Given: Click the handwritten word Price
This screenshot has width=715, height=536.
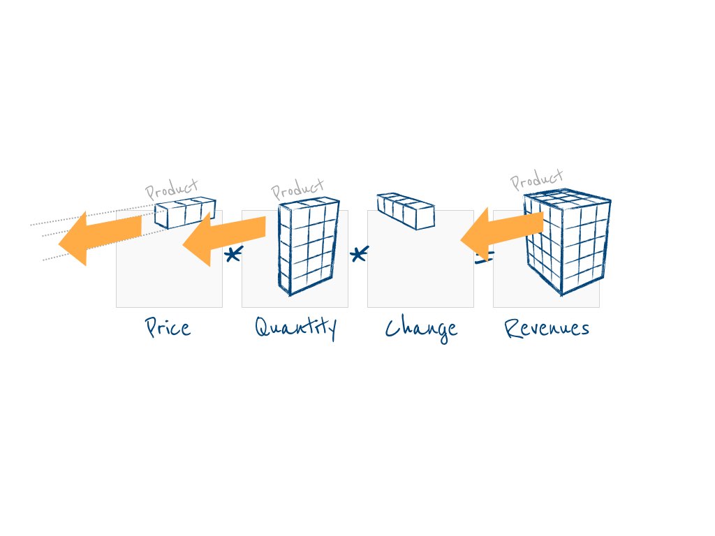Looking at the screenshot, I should pyautogui.click(x=168, y=327).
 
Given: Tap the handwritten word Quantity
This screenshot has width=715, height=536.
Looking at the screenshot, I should pyautogui.click(x=295, y=327).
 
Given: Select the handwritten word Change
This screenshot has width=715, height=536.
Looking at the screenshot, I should pyautogui.click(x=421, y=328).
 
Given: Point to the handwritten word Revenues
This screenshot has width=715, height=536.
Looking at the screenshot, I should pyautogui.click(x=547, y=328).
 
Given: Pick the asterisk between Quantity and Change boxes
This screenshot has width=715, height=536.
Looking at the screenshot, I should pyautogui.click(x=358, y=255).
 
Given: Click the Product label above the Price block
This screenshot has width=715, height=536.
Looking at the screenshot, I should pyautogui.click(x=172, y=188).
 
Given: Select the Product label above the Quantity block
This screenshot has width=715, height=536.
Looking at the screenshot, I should pyautogui.click(x=297, y=188).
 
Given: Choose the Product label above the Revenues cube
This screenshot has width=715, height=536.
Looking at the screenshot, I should pyautogui.click(x=536, y=179).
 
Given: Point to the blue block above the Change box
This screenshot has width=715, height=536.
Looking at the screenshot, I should pyautogui.click(x=406, y=211).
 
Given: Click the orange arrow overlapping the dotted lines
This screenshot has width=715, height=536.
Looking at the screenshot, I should pyautogui.click(x=98, y=236).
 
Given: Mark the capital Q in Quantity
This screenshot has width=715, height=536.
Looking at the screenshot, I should pyautogui.click(x=263, y=326).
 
